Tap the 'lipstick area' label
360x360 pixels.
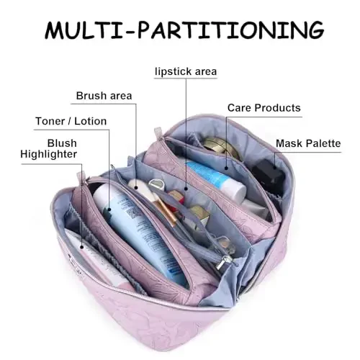coord(186,71)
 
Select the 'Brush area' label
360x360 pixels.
coord(104,96)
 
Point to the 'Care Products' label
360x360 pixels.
coord(264,108)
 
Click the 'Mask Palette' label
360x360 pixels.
coord(307,143)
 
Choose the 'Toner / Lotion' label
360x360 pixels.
coord(71,121)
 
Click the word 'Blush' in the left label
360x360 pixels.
coord(63,143)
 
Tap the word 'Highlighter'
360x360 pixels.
coord(48,154)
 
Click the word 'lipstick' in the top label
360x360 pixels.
coord(173,71)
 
